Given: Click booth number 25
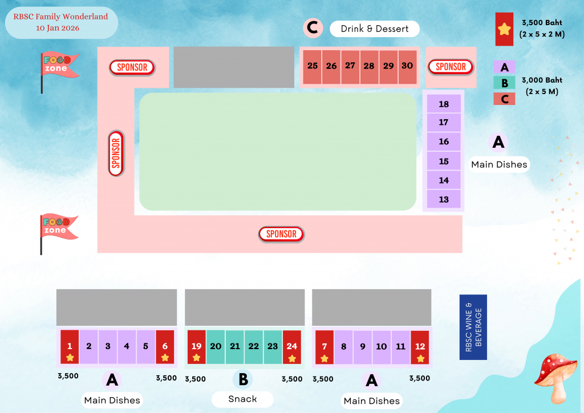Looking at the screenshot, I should tap(313, 67).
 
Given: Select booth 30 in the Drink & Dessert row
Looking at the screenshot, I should tap(407, 67).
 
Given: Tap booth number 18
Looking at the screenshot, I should tap(444, 104).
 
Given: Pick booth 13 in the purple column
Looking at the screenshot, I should tap(444, 199).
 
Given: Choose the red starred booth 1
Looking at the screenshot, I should tap(70, 347).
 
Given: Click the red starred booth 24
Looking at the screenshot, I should tap(292, 347).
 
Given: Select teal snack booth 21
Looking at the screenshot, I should tap(235, 347).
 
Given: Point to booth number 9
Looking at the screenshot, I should tap(363, 347).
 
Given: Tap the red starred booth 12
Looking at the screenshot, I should tap(420, 347).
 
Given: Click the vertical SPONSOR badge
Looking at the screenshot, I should tap(116, 153).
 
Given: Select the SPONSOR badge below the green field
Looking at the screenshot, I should tap(281, 234).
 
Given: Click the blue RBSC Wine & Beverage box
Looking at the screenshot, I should tap(473, 327).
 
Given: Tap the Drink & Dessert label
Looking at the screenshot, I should tap(375, 29).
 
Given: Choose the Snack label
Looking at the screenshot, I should tap(242, 399).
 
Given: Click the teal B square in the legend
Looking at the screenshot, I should tap(504, 83).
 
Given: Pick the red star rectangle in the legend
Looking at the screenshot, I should tap(504, 29).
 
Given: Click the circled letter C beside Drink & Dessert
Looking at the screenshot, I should tap(312, 27).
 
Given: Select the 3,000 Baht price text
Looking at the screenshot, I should tap(541, 80).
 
